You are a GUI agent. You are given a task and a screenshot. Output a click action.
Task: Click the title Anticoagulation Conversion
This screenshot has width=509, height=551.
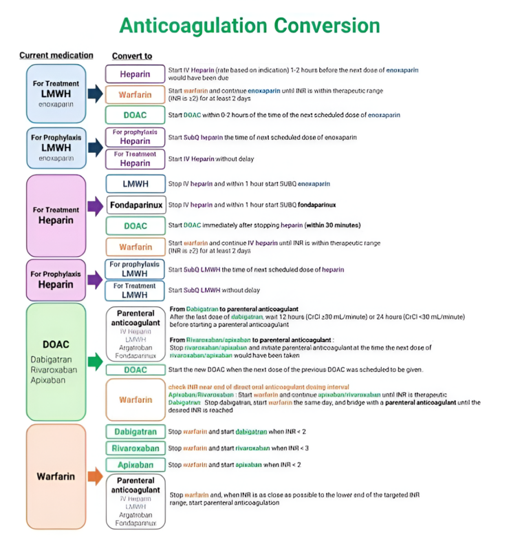coord(249,25)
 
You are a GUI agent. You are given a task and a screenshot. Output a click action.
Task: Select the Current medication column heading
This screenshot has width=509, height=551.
coord(56,55)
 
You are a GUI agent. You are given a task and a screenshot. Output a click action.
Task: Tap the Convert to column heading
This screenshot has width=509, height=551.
coord(132,56)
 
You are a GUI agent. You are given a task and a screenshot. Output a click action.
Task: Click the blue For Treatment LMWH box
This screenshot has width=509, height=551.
coord(56,94)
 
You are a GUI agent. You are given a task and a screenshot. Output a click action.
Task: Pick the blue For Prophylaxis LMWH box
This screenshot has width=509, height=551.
coord(56,147)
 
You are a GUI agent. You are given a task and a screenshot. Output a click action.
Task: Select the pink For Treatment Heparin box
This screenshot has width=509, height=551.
coord(56,215)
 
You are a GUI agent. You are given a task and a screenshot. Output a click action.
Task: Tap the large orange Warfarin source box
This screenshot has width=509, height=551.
coord(56,476)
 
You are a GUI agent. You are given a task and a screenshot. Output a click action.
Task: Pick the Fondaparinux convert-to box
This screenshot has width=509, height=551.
coord(135,205)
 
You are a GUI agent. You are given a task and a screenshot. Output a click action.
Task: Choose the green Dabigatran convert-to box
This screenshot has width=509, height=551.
coord(135,432)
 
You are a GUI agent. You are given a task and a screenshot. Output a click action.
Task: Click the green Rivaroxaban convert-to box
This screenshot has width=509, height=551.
coord(135,448)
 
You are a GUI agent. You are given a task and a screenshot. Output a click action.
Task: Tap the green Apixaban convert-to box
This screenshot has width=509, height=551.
coord(135,465)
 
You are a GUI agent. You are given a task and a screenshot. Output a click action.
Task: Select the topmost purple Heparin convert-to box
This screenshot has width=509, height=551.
coord(135,74)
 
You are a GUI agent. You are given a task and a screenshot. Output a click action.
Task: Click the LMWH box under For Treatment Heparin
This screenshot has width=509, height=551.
coord(135,184)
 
